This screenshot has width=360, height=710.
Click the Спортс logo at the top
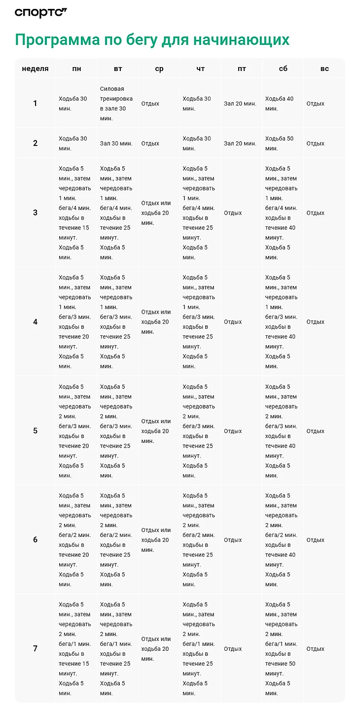click(x=40, y=12)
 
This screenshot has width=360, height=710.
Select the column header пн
click(x=76, y=69)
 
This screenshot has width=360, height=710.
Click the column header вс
click(x=324, y=69)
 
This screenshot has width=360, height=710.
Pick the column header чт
click(x=200, y=69)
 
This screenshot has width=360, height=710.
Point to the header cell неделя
click(x=35, y=69)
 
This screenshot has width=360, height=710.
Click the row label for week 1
click(x=35, y=104)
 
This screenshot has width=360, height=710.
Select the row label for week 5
click(x=35, y=431)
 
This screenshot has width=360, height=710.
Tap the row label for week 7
click(x=35, y=649)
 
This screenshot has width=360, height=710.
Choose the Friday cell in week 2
click(x=240, y=143)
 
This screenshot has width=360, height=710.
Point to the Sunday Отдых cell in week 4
click(x=316, y=322)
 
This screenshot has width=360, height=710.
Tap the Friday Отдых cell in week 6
click(x=233, y=540)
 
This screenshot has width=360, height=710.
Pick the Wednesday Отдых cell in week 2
click(x=150, y=143)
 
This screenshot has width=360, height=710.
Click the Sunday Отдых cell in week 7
click(x=316, y=649)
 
